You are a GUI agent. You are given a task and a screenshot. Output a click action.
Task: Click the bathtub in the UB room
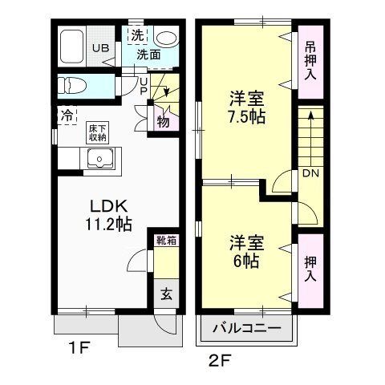(x=75, y=45)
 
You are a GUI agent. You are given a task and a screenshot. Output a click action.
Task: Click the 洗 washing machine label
(x=137, y=35)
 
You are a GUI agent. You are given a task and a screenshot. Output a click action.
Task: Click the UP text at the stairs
(x=144, y=85)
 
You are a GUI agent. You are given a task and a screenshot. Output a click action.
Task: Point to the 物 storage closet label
(x=163, y=121)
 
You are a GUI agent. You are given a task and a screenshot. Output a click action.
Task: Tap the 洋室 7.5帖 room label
(x=245, y=106)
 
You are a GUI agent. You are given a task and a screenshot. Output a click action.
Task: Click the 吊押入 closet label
(x=310, y=59)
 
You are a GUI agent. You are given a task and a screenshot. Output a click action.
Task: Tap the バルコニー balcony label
(x=247, y=329)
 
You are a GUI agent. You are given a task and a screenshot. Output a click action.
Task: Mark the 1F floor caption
(x=77, y=349)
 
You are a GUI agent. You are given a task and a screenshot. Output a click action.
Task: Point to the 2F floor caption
(x=220, y=359)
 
